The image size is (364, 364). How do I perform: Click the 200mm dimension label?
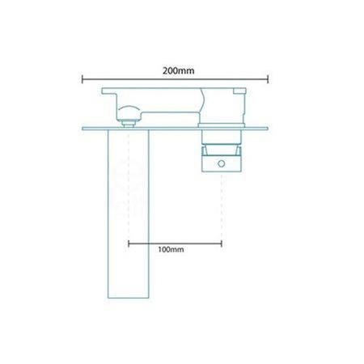click(x=178, y=71)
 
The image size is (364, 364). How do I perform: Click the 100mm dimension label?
click(x=171, y=249)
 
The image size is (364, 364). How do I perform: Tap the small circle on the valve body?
click(x=222, y=163)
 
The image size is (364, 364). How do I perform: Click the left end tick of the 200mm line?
click(x=83, y=79)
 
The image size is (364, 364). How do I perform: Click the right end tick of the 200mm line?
click(x=268, y=79)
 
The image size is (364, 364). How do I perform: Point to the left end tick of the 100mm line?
click(x=129, y=243)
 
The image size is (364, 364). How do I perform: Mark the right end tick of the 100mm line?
click(x=222, y=243)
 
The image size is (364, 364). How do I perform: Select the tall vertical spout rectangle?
click(x=129, y=214)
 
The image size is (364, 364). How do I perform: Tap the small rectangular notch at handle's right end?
click(x=239, y=91)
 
